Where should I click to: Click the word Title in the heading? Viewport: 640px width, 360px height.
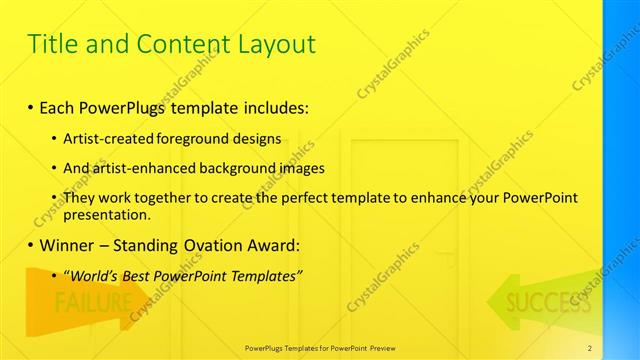point(52,44)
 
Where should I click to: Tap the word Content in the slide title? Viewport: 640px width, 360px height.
point(177,44)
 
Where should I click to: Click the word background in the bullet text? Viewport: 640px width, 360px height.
point(243,168)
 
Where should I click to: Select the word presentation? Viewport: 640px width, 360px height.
point(107,214)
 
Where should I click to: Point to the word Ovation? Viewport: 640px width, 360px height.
point(208,245)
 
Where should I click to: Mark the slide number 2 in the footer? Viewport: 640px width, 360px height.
point(589,347)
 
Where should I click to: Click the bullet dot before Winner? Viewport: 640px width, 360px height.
point(31,245)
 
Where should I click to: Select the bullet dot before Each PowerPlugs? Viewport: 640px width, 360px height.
point(31,106)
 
